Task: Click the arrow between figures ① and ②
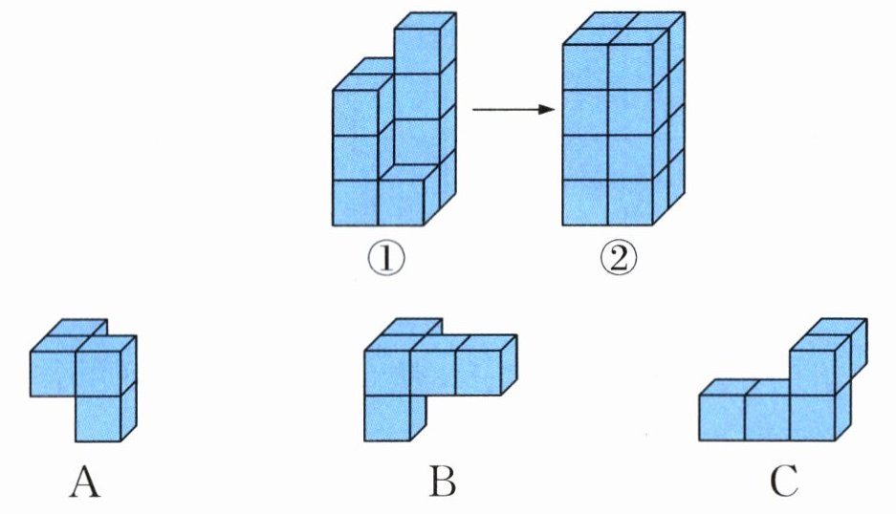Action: tap(514, 109)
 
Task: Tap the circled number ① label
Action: tap(385, 259)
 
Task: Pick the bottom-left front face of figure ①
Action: tap(355, 203)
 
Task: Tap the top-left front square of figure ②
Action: tap(585, 67)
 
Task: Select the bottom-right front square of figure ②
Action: tap(630, 203)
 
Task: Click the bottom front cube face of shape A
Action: tap(98, 418)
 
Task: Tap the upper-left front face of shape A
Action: tap(53, 374)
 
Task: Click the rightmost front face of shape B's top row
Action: tap(478, 373)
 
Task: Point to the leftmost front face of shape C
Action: tap(722, 418)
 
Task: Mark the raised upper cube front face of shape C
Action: tap(813, 373)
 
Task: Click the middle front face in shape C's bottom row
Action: tap(768, 418)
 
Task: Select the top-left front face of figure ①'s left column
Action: tap(355, 113)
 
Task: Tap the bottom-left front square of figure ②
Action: tap(585, 203)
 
